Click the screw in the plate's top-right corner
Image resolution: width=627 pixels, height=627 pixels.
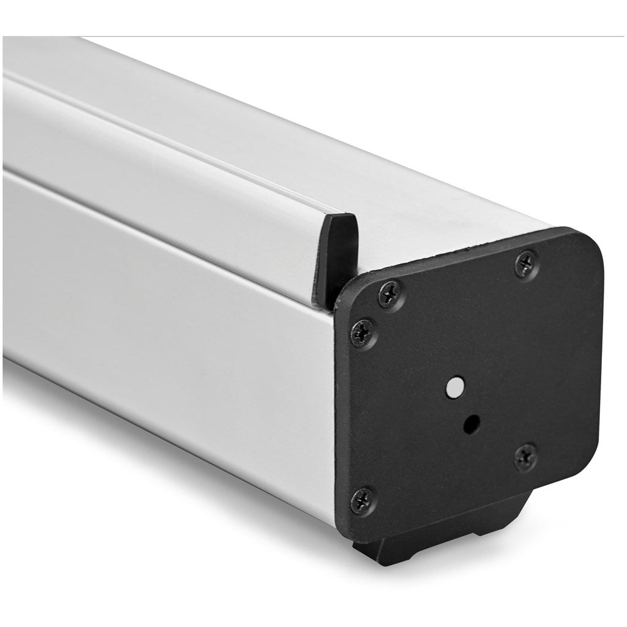[526, 263]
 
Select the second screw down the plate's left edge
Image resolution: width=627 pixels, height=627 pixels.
[363, 333]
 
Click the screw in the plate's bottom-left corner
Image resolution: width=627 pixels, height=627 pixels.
[363, 501]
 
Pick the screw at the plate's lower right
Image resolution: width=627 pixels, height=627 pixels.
[525, 456]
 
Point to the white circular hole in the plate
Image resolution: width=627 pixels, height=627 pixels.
[454, 386]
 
